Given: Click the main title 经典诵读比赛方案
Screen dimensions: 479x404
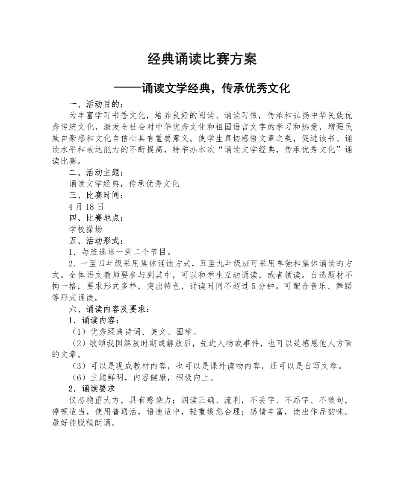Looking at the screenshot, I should tap(202, 59).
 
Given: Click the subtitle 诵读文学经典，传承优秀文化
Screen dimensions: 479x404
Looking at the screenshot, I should tap(202, 88).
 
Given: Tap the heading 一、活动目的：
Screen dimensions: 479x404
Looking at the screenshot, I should tap(97, 104).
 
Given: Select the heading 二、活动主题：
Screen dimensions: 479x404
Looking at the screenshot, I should tap(97, 172).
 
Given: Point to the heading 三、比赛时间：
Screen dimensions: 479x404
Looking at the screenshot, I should tap(97, 195).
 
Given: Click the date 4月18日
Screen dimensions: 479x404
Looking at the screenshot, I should tap(86, 207).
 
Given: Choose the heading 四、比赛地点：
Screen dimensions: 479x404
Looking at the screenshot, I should tap(97, 218).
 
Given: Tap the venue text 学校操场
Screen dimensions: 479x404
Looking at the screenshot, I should tap(86, 229).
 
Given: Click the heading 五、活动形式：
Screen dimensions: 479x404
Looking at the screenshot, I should tap(97, 241).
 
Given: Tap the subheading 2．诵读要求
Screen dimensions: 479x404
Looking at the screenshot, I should tap(91, 388).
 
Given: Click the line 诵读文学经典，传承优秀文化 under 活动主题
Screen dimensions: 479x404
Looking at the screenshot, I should tap(124, 184).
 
